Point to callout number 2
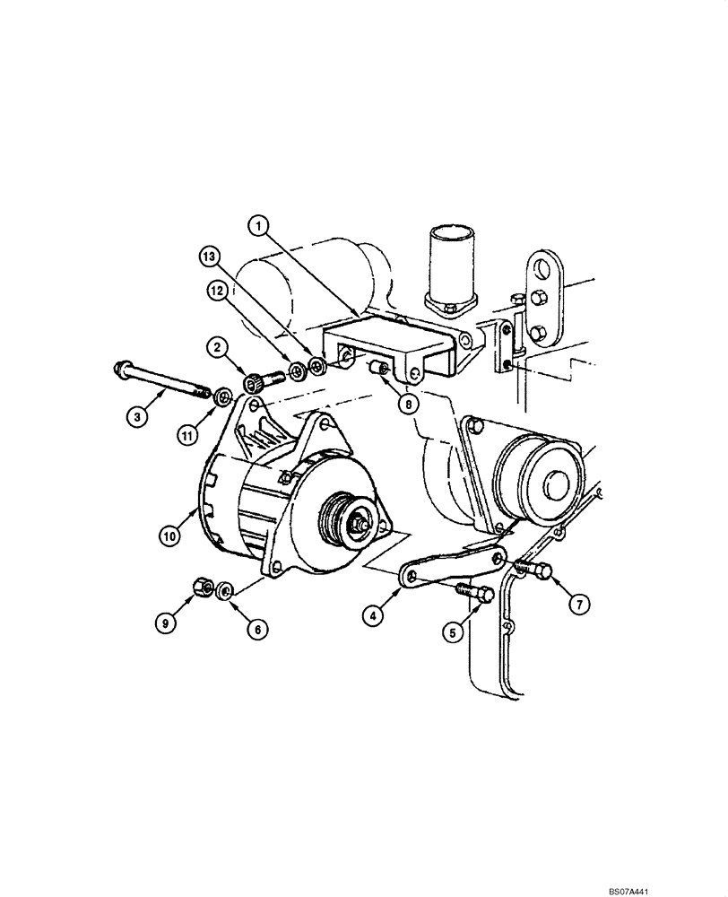218,344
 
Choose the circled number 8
408,405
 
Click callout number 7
579,605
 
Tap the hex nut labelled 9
204,588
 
